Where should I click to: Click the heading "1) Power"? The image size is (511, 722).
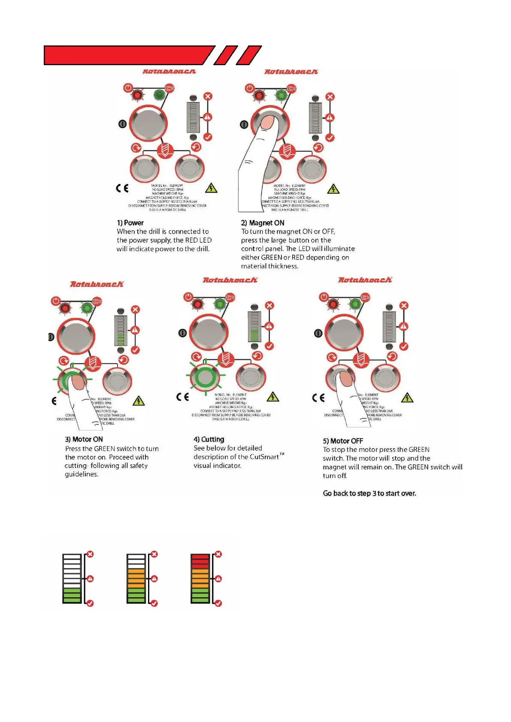130,223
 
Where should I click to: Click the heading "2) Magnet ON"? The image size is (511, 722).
262,223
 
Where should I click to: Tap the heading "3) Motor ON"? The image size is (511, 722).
84,439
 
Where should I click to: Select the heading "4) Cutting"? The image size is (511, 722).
209,439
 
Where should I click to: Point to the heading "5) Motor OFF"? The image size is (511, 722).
343,441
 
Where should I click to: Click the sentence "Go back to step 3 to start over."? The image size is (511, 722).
369,493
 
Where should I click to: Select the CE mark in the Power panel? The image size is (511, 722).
122,188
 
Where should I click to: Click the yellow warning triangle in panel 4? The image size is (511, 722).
272,397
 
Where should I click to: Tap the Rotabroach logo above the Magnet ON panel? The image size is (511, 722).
291,72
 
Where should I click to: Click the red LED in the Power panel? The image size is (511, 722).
138,95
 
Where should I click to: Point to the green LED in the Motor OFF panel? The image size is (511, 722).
355,304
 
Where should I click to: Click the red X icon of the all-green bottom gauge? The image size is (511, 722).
90,554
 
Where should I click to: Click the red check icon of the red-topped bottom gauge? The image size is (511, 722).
218,603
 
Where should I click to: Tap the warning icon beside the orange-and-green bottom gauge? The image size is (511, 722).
154,579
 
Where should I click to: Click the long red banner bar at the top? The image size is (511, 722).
129,55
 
